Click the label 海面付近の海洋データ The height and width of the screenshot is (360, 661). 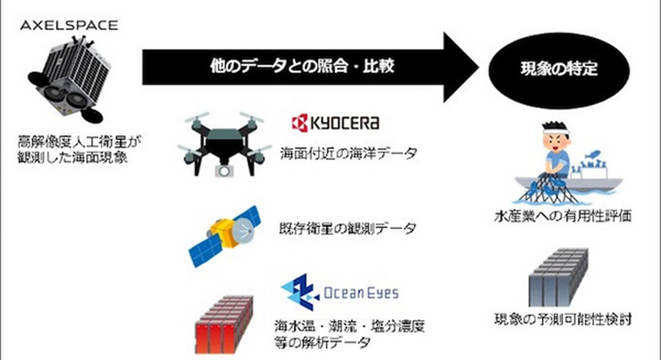pyautogui.click(x=348, y=155)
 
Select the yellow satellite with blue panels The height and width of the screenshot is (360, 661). pyautogui.click(x=223, y=235)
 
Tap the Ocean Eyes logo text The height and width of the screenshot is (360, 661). pyautogui.click(x=361, y=293)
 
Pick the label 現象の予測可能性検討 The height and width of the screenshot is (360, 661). pyautogui.click(x=562, y=320)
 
